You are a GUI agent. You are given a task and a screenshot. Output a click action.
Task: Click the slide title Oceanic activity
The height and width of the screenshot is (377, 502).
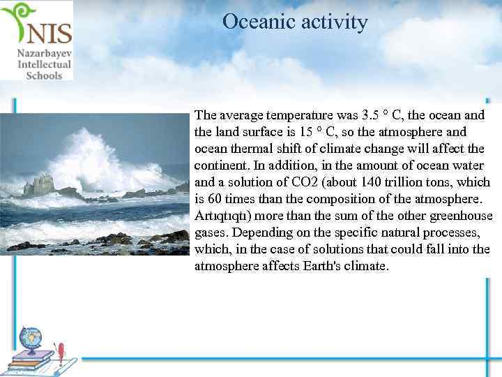[x=295, y=22]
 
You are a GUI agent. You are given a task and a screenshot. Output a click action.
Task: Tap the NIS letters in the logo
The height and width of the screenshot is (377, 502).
[x=47, y=31]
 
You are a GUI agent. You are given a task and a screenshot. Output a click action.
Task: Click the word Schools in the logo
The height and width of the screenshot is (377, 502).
[x=44, y=75]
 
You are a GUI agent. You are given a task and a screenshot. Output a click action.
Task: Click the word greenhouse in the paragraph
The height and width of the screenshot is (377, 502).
[x=463, y=215]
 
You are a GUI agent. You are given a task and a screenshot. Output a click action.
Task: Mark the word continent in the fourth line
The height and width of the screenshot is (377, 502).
[x=222, y=165]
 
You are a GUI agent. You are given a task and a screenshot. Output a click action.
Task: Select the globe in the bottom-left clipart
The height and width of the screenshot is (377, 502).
[x=31, y=340]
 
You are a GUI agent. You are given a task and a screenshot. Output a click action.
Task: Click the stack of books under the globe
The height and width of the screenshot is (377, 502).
[x=31, y=360]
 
